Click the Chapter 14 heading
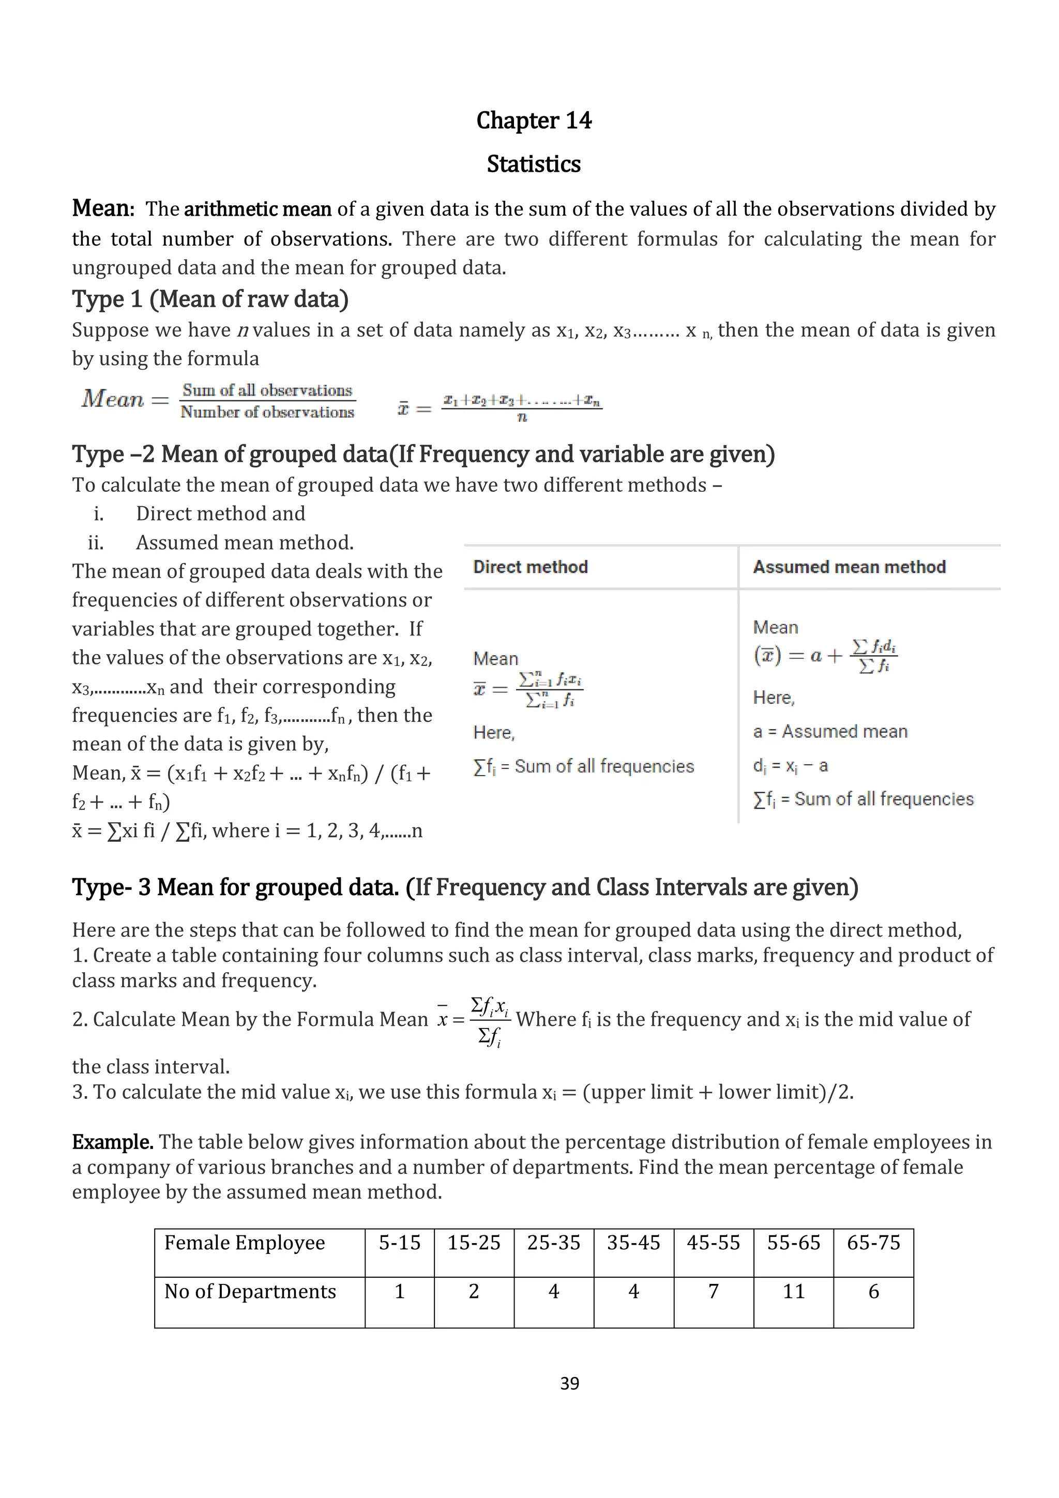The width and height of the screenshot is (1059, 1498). pos(533,120)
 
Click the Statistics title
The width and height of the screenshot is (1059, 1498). pos(533,164)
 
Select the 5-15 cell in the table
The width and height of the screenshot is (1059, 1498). pos(399,1243)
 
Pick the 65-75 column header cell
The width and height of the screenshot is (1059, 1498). pos(873,1243)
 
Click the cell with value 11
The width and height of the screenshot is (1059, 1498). pos(793,1292)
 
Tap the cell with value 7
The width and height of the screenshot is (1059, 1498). pos(713,1292)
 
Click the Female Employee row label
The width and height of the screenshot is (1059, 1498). pos(244,1243)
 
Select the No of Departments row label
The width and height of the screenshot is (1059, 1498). pos(250,1292)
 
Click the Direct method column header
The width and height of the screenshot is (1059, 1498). pos(531,567)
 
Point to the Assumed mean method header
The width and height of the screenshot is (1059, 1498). pos(849,567)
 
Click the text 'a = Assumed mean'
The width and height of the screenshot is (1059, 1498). pos(830,731)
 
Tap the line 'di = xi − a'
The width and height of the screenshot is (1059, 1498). pos(790,765)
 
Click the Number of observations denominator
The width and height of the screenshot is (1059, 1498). pos(267,412)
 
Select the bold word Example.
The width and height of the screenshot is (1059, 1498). pos(112,1142)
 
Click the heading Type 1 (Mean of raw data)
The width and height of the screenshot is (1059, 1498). pos(210,299)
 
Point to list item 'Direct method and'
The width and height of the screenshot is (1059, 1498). pos(220,513)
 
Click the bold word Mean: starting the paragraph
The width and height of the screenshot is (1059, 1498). pos(103,208)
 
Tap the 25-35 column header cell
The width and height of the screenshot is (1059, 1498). pos(553,1243)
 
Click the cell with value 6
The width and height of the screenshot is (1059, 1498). pos(873,1292)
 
